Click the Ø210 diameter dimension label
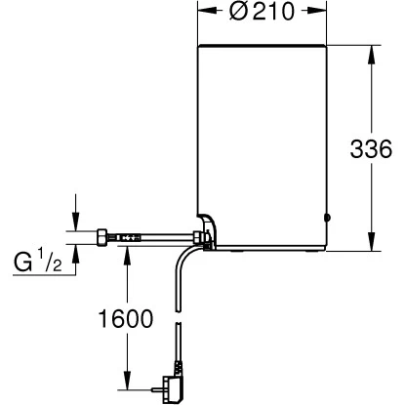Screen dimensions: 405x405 (x=262, y=12)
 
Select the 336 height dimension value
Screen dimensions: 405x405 (x=371, y=149)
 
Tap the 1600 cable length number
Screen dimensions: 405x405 (x=126, y=319)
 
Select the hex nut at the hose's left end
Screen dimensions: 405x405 (x=101, y=237)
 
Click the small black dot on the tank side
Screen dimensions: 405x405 (x=328, y=218)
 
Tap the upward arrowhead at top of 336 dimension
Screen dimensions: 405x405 (x=371, y=55)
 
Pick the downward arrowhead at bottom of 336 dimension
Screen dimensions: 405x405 (x=371, y=241)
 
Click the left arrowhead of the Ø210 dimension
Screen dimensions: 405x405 (x=208, y=11)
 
